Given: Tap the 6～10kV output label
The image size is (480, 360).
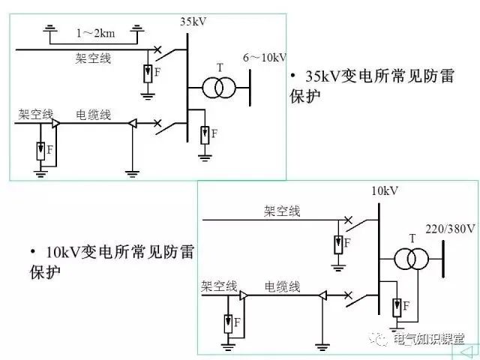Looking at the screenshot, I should pos(265,58).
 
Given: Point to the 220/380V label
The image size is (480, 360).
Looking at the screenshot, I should pos(450,229).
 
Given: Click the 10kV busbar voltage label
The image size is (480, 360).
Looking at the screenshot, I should pos(384,191).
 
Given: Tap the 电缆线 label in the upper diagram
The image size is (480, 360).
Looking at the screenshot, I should pos(94,115).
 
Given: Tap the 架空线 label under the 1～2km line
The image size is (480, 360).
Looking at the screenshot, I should pos(94,58).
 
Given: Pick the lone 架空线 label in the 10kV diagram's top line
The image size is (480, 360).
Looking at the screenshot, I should pos(283,211).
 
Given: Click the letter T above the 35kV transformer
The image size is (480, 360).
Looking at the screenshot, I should pos(220,67).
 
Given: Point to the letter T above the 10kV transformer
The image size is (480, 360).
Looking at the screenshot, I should pos(412,238).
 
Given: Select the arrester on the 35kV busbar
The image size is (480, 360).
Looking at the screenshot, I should pos(205,135).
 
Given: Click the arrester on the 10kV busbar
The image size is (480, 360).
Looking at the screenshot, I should pos(396,306).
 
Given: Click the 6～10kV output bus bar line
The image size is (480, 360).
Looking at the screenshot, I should pos(251,88).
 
